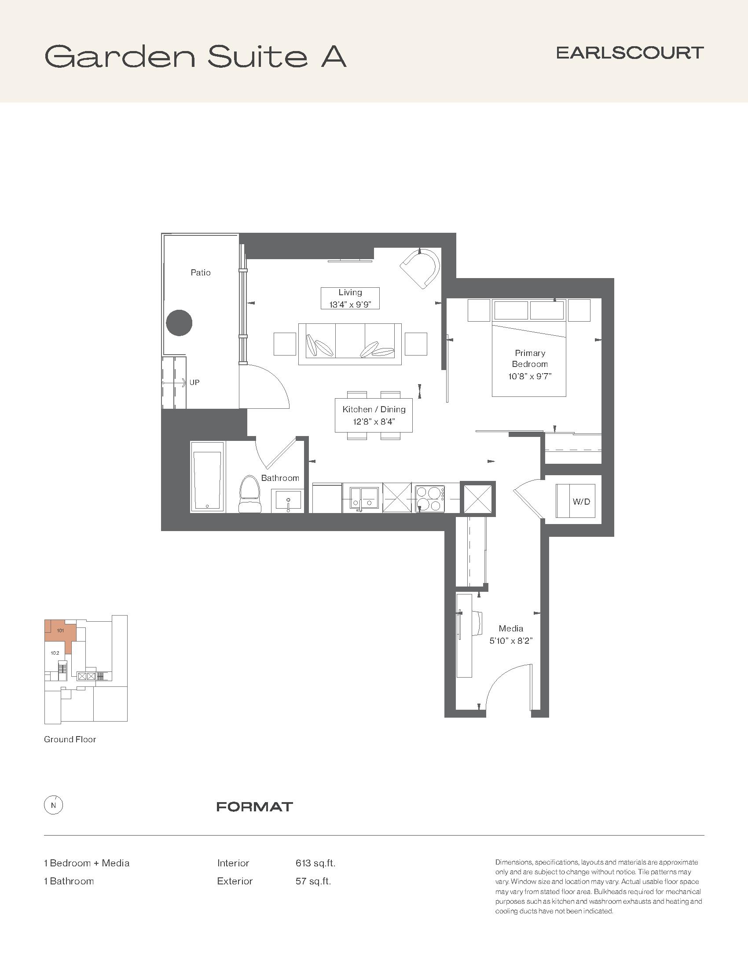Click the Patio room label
coord(200,273)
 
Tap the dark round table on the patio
coord(180,323)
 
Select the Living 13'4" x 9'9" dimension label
coord(350,298)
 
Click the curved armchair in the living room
coord(420,268)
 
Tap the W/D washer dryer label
coord(581,502)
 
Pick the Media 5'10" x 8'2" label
coord(511,634)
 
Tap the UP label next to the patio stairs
coord(194,382)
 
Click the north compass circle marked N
coord(54,805)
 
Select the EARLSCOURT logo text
coord(630,53)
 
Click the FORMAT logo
coord(254,807)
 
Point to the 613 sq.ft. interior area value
coord(315,863)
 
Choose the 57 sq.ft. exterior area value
coord(313,881)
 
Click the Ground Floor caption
coord(70,739)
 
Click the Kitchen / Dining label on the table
coord(374,409)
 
